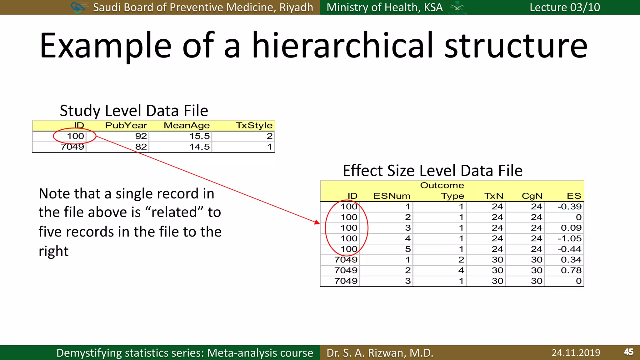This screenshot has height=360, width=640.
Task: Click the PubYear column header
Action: click(x=126, y=125)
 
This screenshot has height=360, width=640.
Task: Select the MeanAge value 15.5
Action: click(x=199, y=136)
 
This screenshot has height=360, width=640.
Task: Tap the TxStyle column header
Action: click(x=254, y=125)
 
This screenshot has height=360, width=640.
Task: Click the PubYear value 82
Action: click(x=141, y=147)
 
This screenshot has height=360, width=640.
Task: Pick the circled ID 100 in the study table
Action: click(x=75, y=136)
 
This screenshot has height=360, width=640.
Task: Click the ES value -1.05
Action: click(x=569, y=239)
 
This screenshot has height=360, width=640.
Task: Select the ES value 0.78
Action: click(x=571, y=271)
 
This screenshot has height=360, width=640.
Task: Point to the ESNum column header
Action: click(x=392, y=196)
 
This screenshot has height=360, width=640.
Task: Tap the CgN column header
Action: click(x=532, y=196)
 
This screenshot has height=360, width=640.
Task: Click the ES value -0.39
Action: click(x=569, y=207)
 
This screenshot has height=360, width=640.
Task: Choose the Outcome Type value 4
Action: click(x=461, y=271)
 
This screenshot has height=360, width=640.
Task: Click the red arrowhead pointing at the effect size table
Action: click(x=317, y=222)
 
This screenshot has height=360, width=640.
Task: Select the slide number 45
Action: click(x=628, y=352)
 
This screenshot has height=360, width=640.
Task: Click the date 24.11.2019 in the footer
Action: click(x=576, y=353)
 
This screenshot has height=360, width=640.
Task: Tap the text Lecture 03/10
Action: click(x=565, y=7)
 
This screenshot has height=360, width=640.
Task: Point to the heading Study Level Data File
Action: click(x=134, y=111)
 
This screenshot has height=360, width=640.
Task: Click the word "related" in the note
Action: click(x=171, y=212)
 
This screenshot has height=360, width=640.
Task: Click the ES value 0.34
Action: click(x=571, y=260)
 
